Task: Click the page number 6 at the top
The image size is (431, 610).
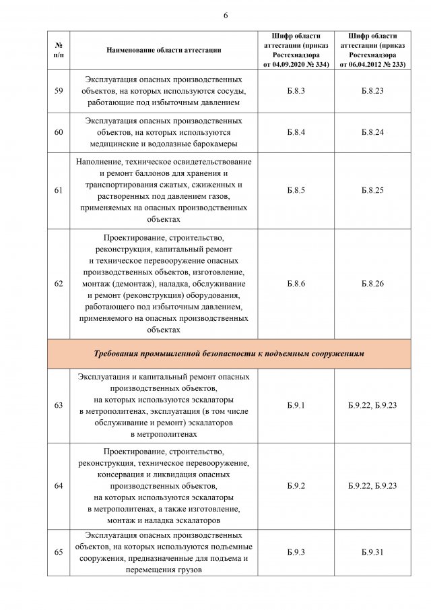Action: [225, 16]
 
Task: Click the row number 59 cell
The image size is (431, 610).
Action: [59, 90]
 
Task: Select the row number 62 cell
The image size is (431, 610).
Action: [59, 284]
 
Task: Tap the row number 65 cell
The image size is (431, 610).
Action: [59, 552]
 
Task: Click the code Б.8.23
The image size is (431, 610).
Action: [372, 90]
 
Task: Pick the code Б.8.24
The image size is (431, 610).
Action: [372, 132]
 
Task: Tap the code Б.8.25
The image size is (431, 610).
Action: [372, 190]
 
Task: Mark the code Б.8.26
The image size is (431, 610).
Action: [372, 284]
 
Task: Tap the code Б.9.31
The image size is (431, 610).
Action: [372, 552]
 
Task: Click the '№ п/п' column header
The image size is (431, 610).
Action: [59, 50]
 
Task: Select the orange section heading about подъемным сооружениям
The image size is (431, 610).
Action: [228, 353]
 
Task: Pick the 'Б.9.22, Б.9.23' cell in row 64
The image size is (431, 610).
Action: [372, 485]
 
